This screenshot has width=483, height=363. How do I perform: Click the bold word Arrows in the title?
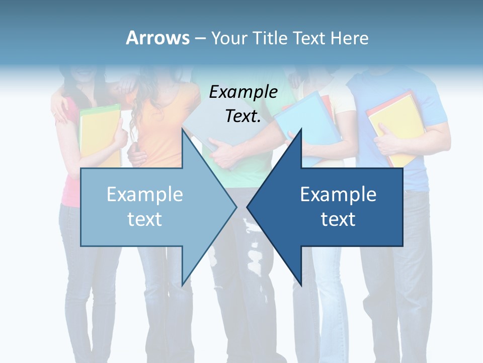[157, 38]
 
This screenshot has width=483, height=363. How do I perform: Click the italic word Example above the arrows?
[243, 92]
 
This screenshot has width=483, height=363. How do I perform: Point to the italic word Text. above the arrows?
[243, 116]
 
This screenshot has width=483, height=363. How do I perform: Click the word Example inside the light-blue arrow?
[145, 195]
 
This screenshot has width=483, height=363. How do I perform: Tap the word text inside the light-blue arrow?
[145, 219]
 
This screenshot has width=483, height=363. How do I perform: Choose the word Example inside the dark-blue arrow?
[338, 195]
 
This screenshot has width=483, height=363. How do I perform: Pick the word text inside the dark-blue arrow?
[338, 219]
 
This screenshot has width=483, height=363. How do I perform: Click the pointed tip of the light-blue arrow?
[235, 207]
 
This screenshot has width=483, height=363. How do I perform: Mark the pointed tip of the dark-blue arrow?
[248, 207]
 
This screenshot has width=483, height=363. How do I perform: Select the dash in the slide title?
[200, 38]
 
